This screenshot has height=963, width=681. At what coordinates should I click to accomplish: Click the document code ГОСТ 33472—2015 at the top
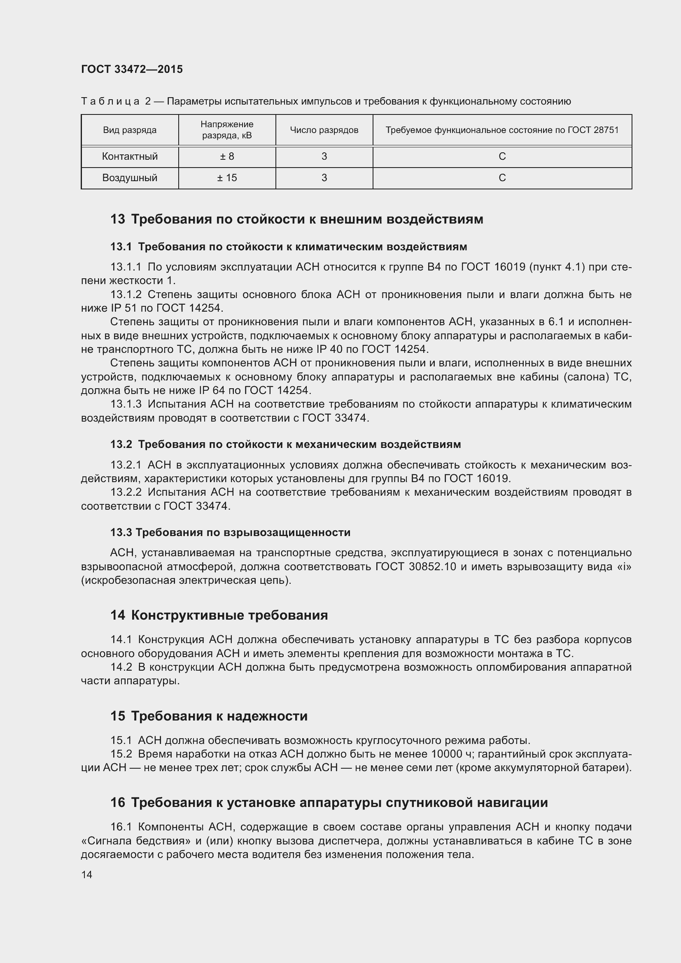pos(132,69)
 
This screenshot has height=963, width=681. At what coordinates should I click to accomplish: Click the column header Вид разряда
pos(130,130)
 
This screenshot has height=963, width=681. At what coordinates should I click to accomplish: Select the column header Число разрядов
pos(324,130)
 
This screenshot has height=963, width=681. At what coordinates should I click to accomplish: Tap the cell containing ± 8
pos(227,156)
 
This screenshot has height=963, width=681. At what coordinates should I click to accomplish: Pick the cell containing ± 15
pos(227,178)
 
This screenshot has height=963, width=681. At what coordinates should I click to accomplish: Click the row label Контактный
pos(130,156)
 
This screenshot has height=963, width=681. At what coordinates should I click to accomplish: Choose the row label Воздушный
pos(130,178)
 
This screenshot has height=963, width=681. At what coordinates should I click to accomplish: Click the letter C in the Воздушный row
pos(502,178)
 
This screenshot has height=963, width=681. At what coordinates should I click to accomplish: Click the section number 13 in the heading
pos(117,219)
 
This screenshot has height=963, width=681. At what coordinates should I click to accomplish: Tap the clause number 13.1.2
pos(126,294)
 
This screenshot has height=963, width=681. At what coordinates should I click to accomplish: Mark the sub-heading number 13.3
pos(121,532)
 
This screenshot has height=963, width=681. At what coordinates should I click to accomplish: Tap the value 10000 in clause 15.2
pos(446,754)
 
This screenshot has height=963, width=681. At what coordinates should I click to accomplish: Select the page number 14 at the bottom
pos(87,874)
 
